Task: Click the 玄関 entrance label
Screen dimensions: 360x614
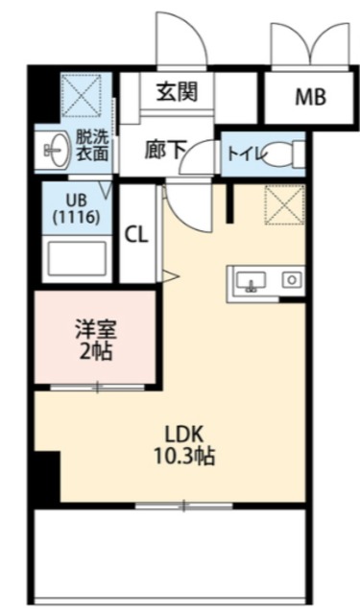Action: click(177, 92)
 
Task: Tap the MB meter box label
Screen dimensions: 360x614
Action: click(310, 97)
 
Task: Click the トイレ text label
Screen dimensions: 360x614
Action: click(245, 154)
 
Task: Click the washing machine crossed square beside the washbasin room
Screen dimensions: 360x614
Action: click(82, 95)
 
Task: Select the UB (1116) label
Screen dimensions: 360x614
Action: click(76, 209)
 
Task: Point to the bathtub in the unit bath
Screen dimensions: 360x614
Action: click(77, 258)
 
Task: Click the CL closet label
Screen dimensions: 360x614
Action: click(136, 235)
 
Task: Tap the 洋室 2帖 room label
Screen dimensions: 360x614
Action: click(96, 340)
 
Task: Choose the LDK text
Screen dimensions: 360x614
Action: click(183, 434)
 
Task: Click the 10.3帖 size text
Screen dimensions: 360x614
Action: click(184, 456)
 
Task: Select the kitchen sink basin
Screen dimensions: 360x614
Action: click(252, 282)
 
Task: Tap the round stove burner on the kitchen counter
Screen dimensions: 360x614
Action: click(292, 279)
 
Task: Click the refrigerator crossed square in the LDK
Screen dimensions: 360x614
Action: click(285, 204)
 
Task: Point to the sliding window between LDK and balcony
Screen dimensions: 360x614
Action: click(184, 506)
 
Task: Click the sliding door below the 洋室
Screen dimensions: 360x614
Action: click(98, 388)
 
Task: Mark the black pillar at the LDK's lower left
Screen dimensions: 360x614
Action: click(47, 477)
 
